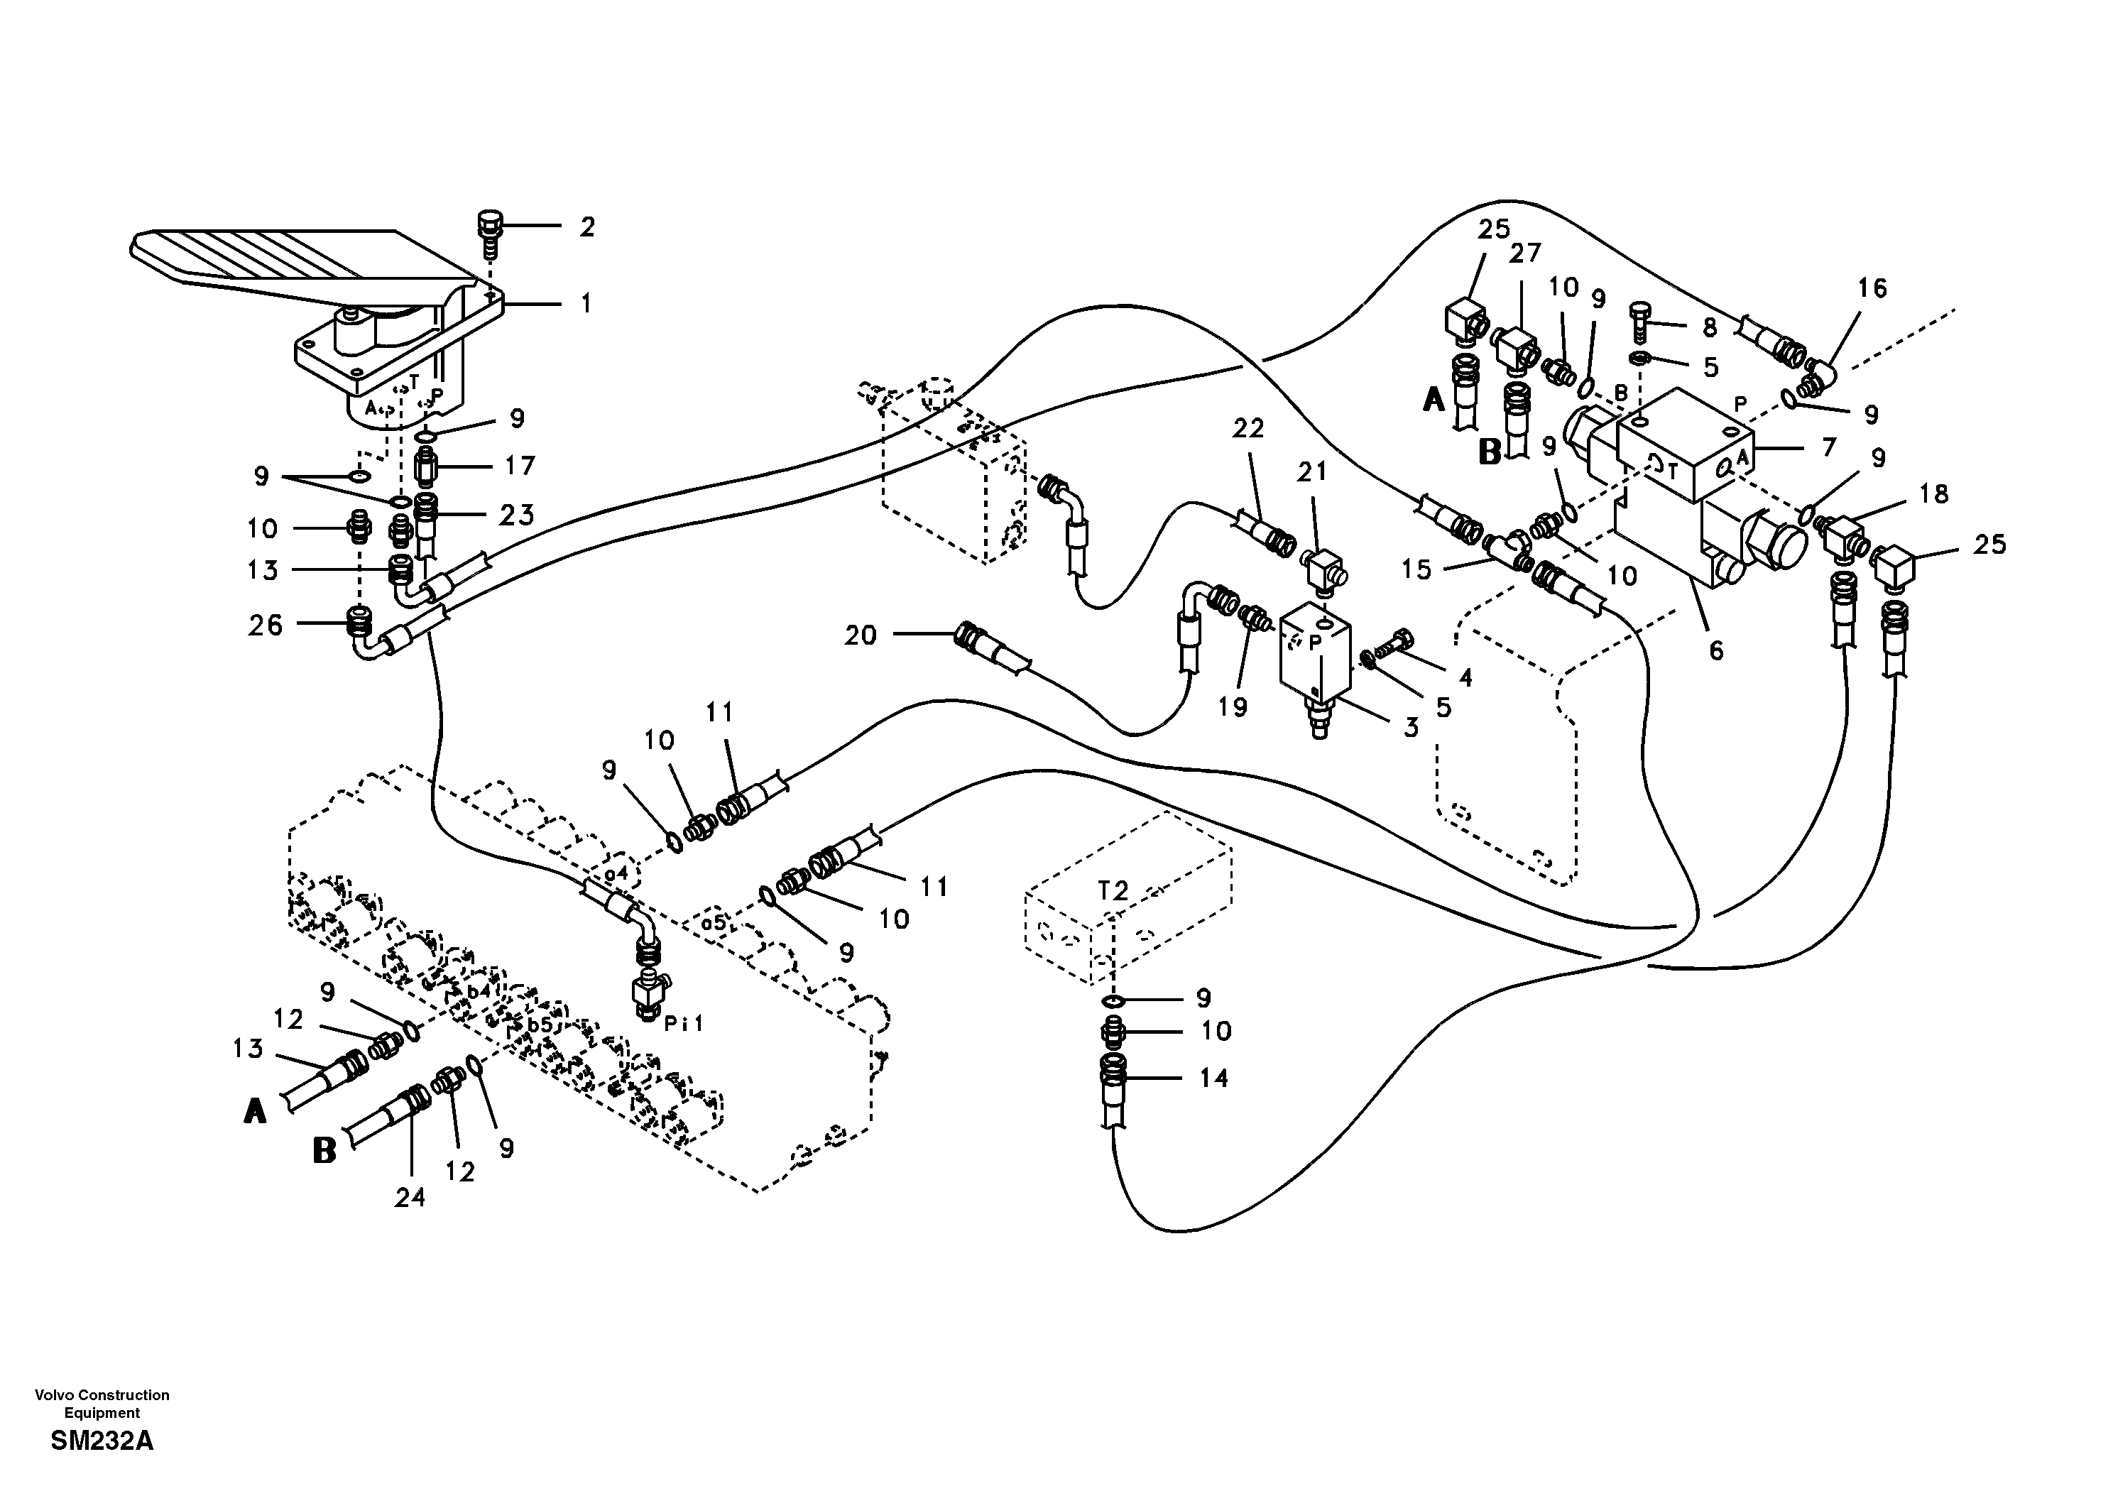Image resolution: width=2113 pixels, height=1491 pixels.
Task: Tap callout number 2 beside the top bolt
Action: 586,226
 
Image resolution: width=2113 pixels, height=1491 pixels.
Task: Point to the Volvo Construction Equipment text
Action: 102,1404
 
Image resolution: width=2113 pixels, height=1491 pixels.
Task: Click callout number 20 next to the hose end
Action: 861,635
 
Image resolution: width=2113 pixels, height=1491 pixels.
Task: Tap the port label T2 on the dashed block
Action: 1113,890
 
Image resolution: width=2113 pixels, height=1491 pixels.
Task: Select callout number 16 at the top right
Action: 1872,288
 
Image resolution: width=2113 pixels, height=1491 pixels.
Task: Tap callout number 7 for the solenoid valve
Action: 1828,447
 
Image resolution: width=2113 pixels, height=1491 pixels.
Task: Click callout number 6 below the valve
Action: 1715,650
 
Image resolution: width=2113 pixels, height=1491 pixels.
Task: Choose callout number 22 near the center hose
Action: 1249,428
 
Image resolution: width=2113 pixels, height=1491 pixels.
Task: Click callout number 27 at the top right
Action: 1524,253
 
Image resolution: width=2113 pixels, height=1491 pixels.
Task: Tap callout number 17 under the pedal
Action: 519,466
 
